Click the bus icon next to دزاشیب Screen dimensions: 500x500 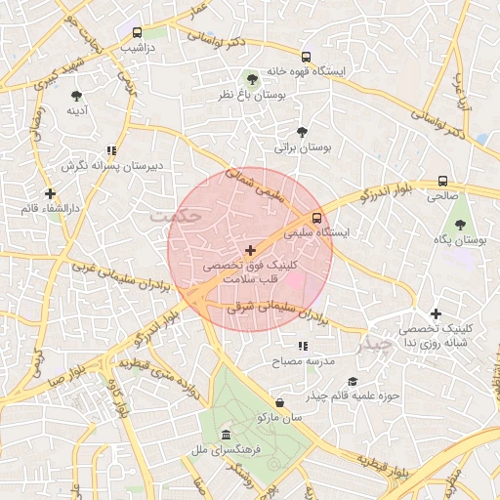pos(137,31)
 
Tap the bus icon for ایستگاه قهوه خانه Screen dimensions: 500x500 pos(306,57)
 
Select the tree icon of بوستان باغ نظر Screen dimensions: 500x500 pos(252,78)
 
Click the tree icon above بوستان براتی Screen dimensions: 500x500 pos(302,132)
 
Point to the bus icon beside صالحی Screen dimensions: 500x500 pos(442,181)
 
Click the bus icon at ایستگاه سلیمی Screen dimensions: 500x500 pos(316,218)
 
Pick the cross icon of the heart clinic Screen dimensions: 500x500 pos(251,251)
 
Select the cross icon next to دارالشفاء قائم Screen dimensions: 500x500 pos(50,193)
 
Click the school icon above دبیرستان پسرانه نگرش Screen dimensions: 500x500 pos(112,150)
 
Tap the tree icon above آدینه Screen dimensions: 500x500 pos(76,96)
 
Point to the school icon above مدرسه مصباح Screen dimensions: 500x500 pos(303,346)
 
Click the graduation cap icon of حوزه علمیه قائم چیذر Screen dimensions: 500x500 pos(353,382)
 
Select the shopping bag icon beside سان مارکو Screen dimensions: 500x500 pos(280,402)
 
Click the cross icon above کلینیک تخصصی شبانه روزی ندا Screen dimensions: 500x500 pos(436,314)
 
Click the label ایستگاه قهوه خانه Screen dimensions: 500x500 pos(352,71)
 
